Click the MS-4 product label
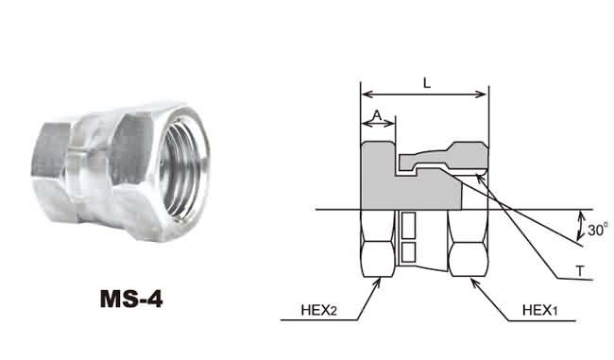[131, 299]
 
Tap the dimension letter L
[427, 82]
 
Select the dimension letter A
[377, 115]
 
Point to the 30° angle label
[598, 230]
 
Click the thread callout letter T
[580, 270]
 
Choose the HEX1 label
[539, 310]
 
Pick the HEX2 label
[318, 310]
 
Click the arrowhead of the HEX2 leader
[378, 281]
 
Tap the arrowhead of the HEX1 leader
[473, 281]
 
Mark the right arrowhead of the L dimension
[484, 94]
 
